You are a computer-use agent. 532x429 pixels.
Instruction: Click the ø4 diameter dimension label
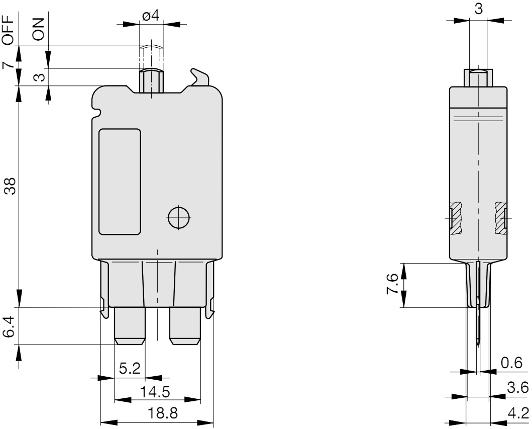[151, 16]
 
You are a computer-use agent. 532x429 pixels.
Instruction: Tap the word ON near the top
[39, 29]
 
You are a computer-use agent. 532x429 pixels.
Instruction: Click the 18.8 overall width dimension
[158, 413]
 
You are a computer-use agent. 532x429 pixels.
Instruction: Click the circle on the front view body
[178, 218]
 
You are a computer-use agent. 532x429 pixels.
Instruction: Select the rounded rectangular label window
[120, 182]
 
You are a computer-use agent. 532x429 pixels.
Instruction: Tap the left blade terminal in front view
[130, 325]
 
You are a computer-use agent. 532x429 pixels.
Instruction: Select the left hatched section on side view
[456, 218]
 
